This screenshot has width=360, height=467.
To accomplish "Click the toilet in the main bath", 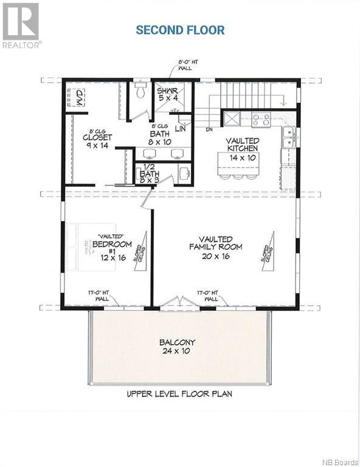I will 141,91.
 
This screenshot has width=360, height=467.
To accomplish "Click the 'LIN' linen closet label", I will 181,129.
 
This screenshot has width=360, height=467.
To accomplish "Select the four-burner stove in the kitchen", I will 261,119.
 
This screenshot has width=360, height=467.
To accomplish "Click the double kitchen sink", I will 288,137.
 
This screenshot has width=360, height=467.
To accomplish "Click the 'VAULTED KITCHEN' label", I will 243,144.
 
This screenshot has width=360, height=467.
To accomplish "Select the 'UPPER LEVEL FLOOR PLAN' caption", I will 179,393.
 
